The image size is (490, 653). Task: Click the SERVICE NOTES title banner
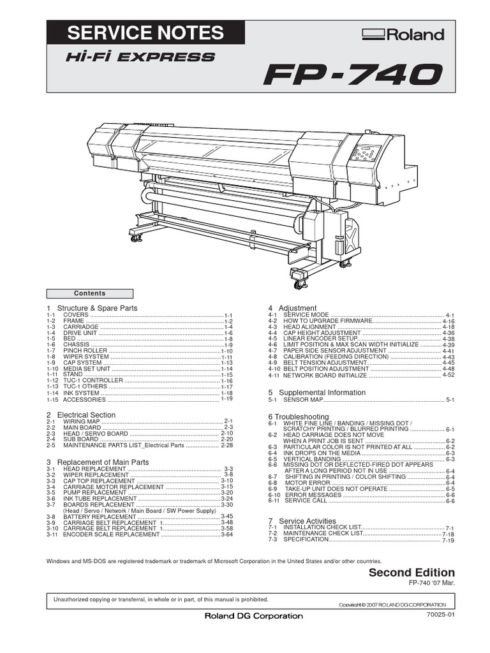tap(145, 33)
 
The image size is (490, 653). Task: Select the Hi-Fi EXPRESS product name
tap(140, 57)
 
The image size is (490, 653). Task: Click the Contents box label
tap(90, 293)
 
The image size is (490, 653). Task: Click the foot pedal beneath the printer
tap(299, 275)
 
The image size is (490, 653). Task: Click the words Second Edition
tap(412, 573)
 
